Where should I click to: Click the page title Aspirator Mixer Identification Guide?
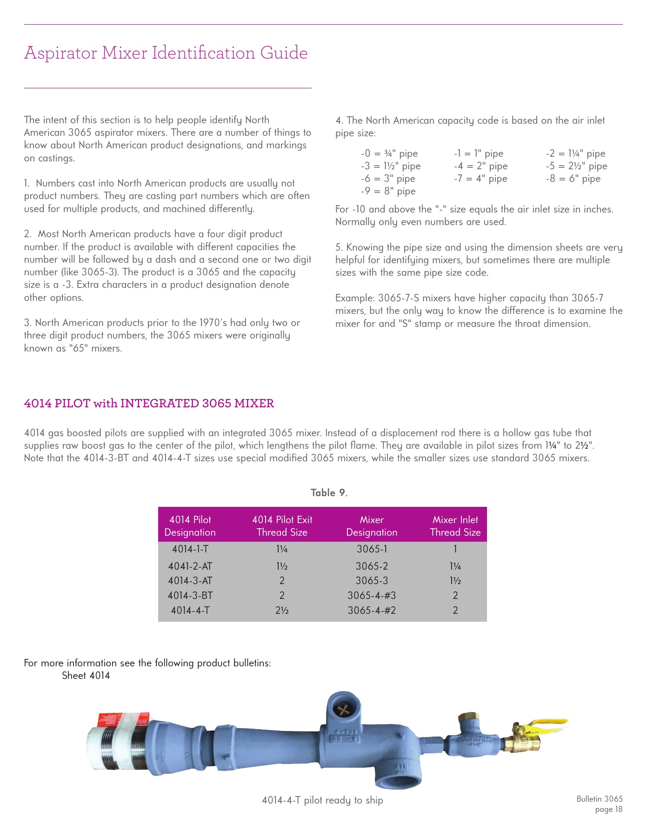[x=166, y=53]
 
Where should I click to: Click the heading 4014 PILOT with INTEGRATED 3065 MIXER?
[x=149, y=403]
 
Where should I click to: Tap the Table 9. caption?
[x=329, y=493]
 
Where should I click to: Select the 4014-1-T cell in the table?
[x=190, y=549]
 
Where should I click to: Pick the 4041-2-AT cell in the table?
[x=190, y=566]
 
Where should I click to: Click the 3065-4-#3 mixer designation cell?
[x=371, y=596]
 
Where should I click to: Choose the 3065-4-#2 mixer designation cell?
[x=371, y=611]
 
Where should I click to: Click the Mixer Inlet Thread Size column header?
[x=455, y=526]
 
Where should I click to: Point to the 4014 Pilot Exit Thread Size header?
[x=282, y=526]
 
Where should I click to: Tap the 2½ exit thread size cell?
[x=282, y=611]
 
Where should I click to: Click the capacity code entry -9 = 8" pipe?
[x=388, y=191]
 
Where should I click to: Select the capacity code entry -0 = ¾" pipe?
[x=389, y=153]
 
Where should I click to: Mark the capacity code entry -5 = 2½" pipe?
[x=576, y=166]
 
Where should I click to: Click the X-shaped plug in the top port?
[x=343, y=710]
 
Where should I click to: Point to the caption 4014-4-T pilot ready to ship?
[x=322, y=800]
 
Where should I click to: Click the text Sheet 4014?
[x=86, y=676]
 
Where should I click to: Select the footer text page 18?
[x=608, y=810]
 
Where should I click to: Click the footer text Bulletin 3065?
[x=599, y=799]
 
